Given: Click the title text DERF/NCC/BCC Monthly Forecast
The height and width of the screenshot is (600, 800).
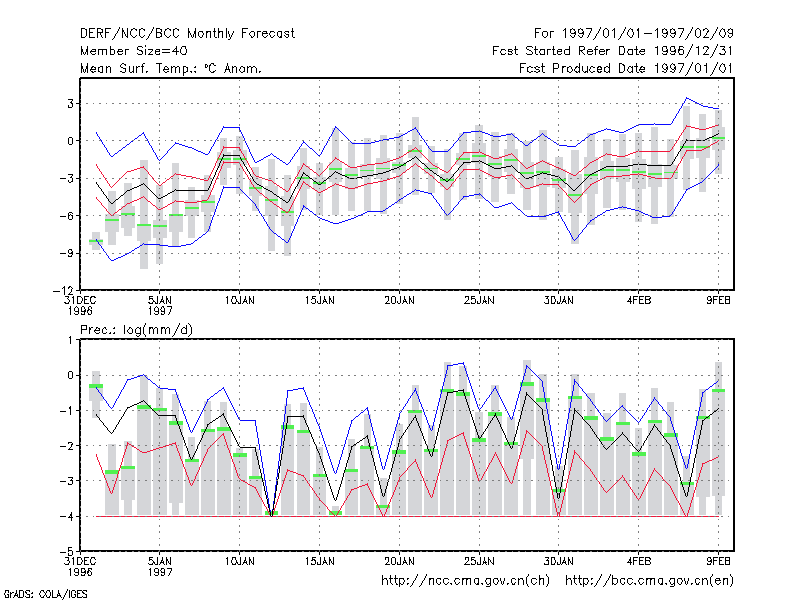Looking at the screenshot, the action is click(187, 34).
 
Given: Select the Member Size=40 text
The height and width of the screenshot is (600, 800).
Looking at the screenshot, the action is click(134, 51).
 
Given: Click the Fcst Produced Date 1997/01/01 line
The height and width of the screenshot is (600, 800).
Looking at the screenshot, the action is click(626, 68).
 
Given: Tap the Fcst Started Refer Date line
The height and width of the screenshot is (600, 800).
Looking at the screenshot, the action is click(612, 51).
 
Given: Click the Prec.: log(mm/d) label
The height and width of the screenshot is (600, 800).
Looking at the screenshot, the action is click(136, 330).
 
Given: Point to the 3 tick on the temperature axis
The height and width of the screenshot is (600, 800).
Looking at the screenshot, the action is click(70, 104).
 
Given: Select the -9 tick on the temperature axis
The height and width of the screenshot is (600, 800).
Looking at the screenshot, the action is click(67, 253).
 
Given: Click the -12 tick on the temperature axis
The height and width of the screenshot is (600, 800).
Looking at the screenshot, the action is click(64, 290).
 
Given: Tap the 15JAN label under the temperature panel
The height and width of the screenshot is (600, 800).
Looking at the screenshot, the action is click(319, 301).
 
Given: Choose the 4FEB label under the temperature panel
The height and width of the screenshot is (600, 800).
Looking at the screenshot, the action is click(639, 301).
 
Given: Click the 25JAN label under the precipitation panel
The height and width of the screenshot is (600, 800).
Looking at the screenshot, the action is click(479, 562).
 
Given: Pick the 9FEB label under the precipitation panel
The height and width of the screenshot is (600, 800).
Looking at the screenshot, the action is click(718, 562).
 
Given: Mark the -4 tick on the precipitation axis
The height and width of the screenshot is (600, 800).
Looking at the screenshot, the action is click(67, 516).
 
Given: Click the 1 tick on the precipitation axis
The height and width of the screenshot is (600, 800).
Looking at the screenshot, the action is click(70, 340).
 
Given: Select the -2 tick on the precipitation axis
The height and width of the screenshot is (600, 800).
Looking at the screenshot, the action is click(67, 446).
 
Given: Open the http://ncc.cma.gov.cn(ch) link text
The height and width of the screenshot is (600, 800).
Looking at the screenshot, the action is click(465, 581).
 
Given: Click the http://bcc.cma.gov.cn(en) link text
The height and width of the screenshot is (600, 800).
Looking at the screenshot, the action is click(649, 581).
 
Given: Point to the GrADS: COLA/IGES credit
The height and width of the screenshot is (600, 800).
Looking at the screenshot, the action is click(45, 594).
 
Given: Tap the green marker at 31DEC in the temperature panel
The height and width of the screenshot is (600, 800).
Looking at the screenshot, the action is click(96, 241).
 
